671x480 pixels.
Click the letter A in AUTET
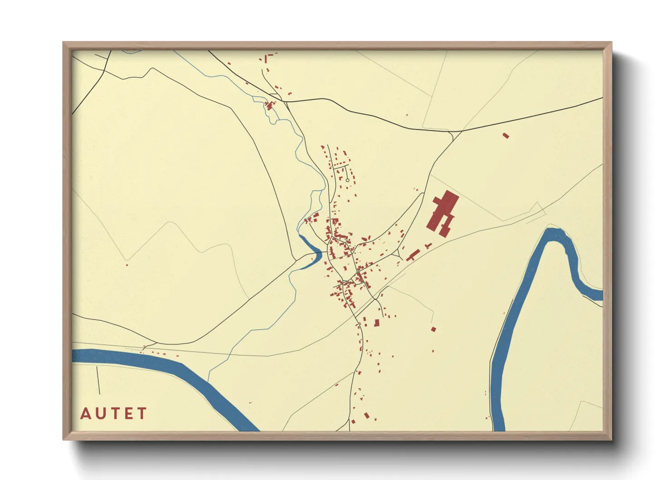tap(86, 414)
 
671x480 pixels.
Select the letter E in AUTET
tap(128, 414)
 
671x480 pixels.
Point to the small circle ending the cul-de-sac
tap(348, 181)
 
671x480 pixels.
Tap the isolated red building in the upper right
tap(506, 135)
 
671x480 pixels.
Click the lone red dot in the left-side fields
tap(127, 265)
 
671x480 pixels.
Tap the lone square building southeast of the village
tap(433, 329)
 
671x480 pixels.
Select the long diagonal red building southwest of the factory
tap(412, 255)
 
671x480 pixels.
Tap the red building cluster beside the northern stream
tap(270, 106)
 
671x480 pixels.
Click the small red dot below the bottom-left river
tap(249, 402)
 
